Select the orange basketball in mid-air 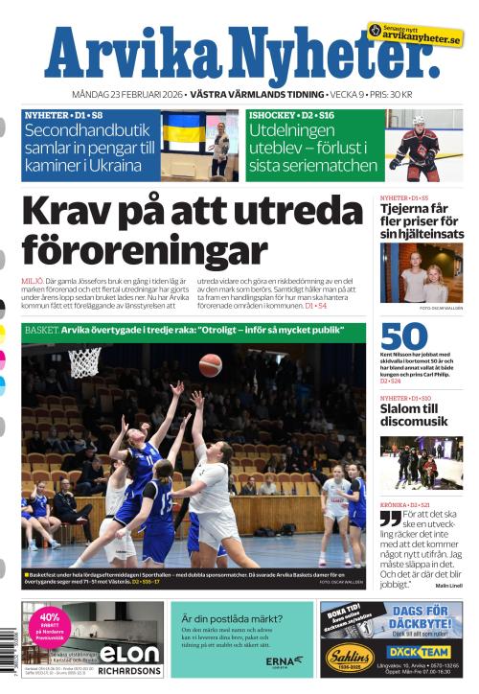[x=211, y=365]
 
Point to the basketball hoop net [x=84, y=362]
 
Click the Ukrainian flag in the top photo [x=182, y=132]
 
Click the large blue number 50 [x=402, y=337]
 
